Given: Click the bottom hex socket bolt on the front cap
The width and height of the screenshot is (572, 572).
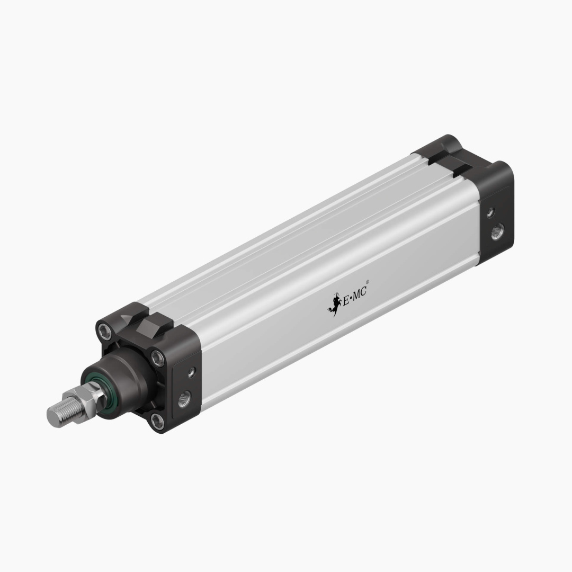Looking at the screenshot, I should pos(157,421).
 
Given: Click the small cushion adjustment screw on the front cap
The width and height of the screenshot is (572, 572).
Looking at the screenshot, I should pos(191,372).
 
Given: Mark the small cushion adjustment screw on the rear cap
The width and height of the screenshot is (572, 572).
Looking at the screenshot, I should pos(490,212).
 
